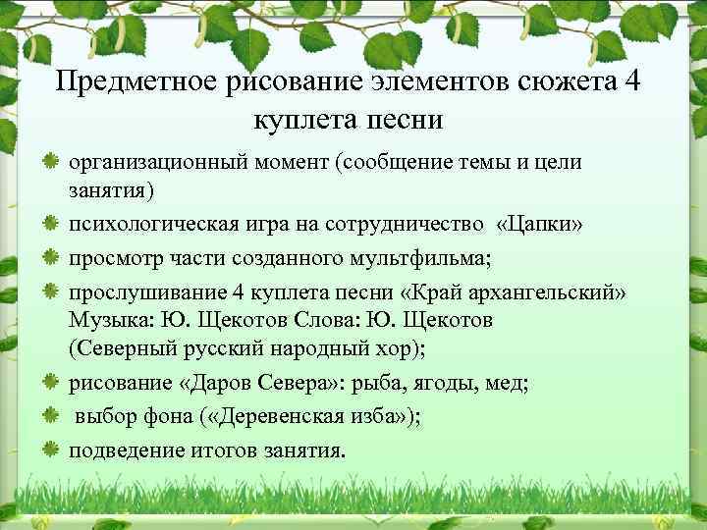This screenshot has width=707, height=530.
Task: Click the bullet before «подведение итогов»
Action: pyautogui.click(x=50, y=450)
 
